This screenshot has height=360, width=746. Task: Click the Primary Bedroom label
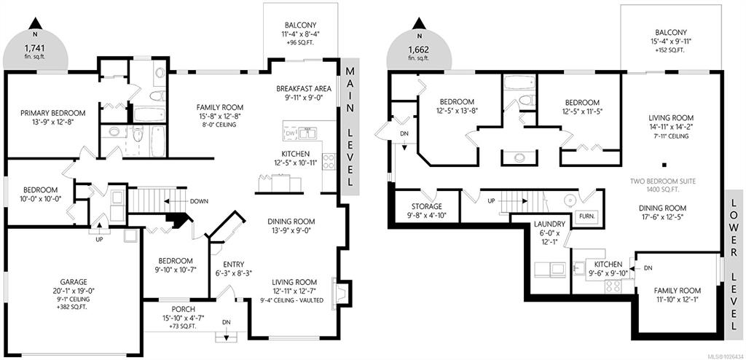[x=53, y=114]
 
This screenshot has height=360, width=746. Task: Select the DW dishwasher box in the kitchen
[x=291, y=133]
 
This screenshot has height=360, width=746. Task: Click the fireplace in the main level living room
[x=342, y=291]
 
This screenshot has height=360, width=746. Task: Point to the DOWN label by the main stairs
[x=198, y=201]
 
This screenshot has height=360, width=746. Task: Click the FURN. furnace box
[x=585, y=215]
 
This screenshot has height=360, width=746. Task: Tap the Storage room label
[x=427, y=207]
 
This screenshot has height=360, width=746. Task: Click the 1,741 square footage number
[x=35, y=48]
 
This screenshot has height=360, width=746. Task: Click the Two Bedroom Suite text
[x=663, y=181]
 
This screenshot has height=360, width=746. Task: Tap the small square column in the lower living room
[x=664, y=165]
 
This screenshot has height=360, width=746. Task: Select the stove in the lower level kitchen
[x=613, y=286]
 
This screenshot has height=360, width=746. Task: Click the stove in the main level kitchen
[x=329, y=162]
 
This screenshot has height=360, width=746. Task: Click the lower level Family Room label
[x=677, y=291]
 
